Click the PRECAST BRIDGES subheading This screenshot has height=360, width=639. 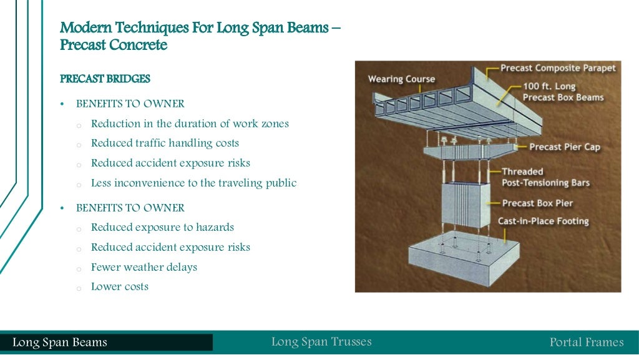(x=105, y=79)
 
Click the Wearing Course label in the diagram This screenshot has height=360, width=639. (x=401, y=79)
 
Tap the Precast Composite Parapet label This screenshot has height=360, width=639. (x=558, y=68)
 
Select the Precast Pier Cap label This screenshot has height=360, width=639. (x=565, y=147)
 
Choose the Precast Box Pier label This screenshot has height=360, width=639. (x=537, y=203)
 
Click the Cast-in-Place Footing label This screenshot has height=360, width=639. (x=543, y=221)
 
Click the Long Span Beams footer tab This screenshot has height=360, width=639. (x=60, y=343)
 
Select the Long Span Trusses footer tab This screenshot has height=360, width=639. (x=321, y=342)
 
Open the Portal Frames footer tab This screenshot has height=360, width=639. (x=586, y=343)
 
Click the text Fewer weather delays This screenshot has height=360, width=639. (x=144, y=267)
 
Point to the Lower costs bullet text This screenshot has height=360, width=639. (x=120, y=287)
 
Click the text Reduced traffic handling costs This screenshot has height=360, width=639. (x=165, y=144)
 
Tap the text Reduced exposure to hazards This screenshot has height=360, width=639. (x=162, y=228)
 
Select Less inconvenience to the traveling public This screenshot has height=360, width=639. (x=193, y=183)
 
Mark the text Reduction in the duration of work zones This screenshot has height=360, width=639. (x=190, y=124)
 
